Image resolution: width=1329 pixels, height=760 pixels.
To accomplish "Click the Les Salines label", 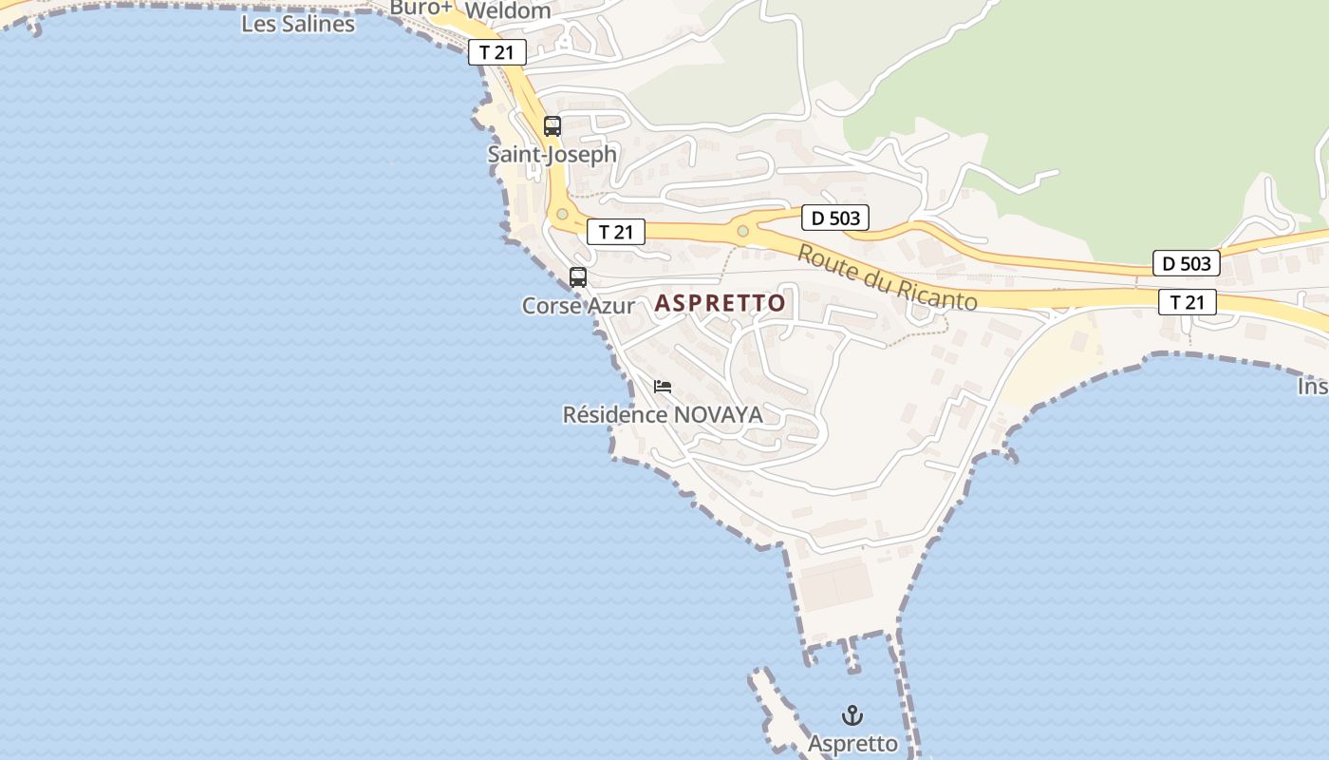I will (298, 24).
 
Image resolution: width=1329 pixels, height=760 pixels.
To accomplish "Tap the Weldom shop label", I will (508, 11).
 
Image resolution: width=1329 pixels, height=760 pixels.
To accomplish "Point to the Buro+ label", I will (421, 8).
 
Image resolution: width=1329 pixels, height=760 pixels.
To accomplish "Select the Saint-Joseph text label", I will (552, 154).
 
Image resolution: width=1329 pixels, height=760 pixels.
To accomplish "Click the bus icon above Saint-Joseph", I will (552, 126).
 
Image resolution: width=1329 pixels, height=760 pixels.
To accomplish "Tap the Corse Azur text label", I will (578, 306).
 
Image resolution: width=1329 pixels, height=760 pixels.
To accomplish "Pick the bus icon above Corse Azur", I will (578, 277).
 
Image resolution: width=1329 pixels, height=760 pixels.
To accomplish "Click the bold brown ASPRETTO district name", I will (721, 303).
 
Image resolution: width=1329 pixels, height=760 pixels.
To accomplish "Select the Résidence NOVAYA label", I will (663, 415).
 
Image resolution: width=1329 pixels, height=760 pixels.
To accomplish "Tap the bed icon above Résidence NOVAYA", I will (663, 387).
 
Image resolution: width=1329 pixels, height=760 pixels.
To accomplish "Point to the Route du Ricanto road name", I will (887, 277).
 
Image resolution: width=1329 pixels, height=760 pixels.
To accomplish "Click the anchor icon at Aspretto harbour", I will (852, 715).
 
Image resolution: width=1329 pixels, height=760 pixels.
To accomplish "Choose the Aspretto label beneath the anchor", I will (852, 743).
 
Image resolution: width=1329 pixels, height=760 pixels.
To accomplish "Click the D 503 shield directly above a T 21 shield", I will (1187, 263).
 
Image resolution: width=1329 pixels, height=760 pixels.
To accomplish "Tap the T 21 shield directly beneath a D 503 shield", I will (1187, 302).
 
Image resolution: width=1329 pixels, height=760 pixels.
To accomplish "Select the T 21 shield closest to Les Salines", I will (496, 52).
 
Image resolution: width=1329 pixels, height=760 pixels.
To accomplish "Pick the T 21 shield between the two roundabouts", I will (615, 231).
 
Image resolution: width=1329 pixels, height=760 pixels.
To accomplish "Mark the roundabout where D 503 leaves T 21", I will (742, 231).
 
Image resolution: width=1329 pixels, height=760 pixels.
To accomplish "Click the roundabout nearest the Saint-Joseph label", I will (562, 215).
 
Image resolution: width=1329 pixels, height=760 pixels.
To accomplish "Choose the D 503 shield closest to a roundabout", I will (835, 218).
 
